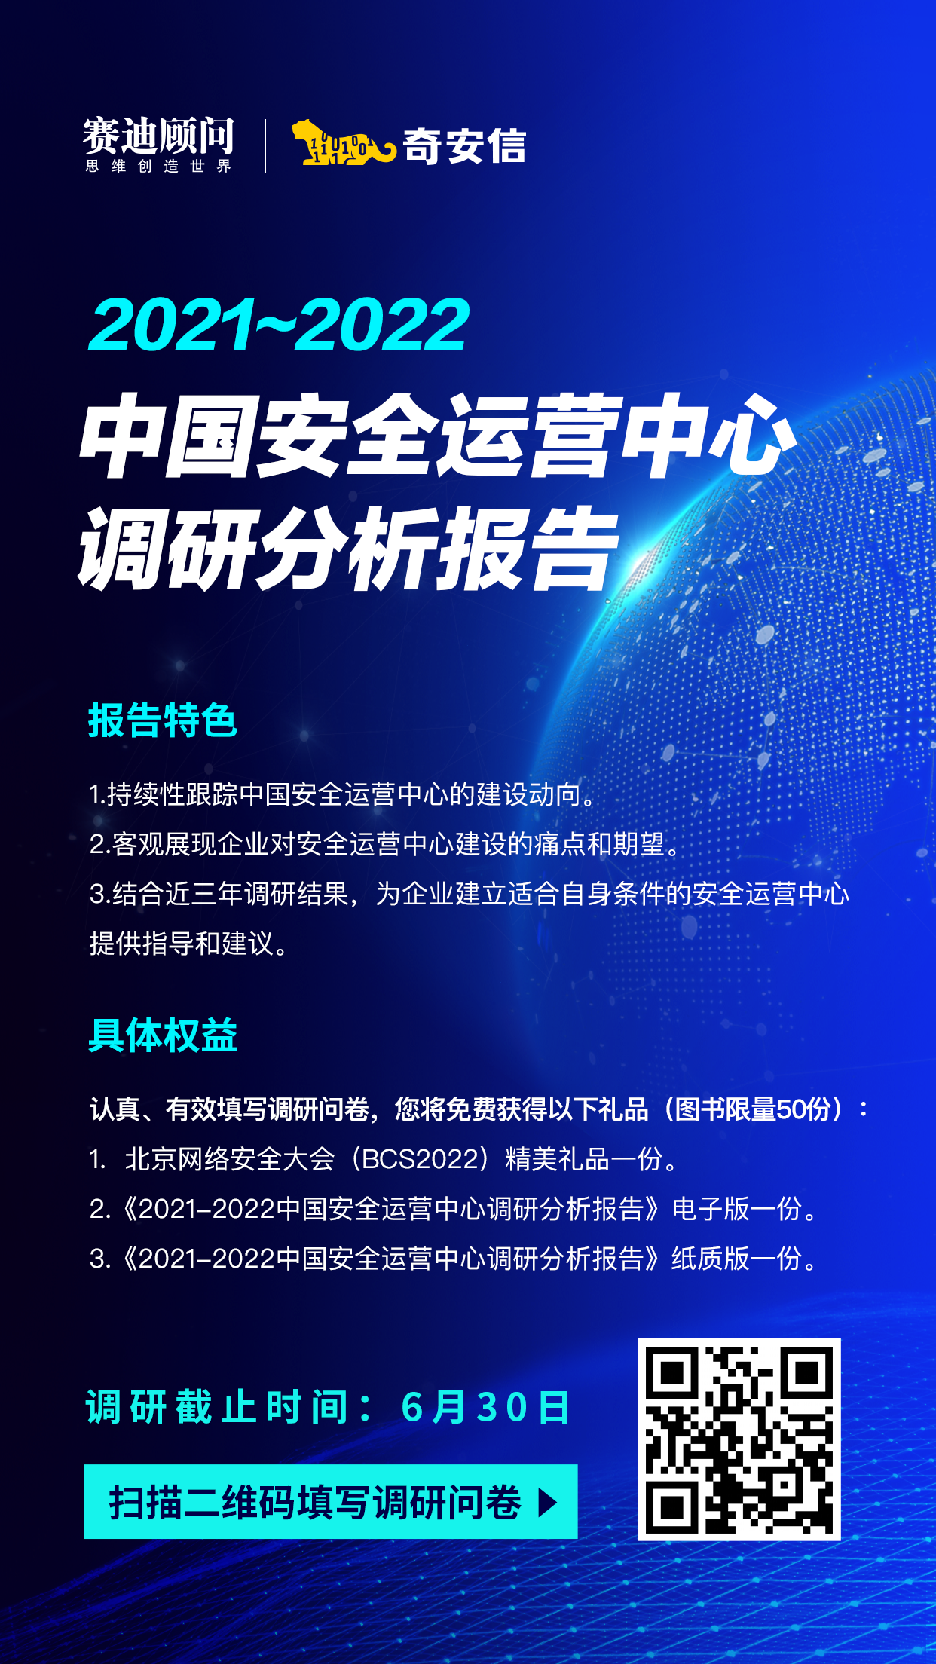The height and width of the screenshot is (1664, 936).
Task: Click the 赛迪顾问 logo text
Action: tap(158, 136)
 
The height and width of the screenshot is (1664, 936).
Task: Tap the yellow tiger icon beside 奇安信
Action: tap(344, 142)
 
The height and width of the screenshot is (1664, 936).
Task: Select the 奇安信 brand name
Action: tap(464, 145)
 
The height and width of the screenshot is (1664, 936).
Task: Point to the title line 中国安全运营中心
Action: tap(438, 436)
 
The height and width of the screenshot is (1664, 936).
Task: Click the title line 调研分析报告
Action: tap(349, 548)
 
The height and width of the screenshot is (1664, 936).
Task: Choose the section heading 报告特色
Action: tap(163, 720)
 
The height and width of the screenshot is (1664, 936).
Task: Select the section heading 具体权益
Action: tap(163, 1035)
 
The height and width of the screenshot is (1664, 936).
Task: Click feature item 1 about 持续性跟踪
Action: tap(344, 794)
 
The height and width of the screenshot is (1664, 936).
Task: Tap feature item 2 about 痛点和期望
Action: tap(386, 844)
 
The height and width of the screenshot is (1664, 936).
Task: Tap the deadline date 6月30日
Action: tap(486, 1407)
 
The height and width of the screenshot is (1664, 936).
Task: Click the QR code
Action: tap(739, 1439)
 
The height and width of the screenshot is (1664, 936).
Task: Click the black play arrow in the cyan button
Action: tap(548, 1503)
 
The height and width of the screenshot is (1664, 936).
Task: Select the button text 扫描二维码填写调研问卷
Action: tap(316, 1503)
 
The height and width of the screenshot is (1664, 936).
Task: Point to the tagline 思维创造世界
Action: tap(158, 166)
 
